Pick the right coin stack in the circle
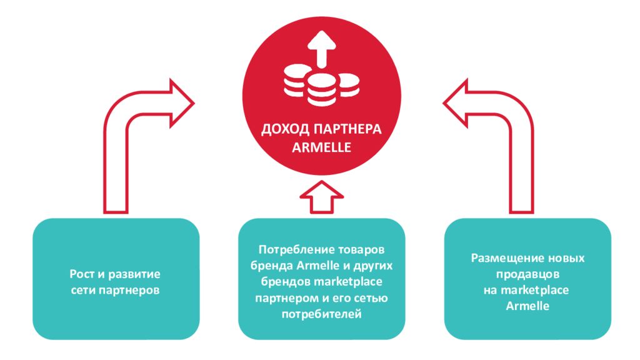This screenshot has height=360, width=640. point(348,84)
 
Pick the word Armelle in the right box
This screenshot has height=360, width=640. point(527,306)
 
